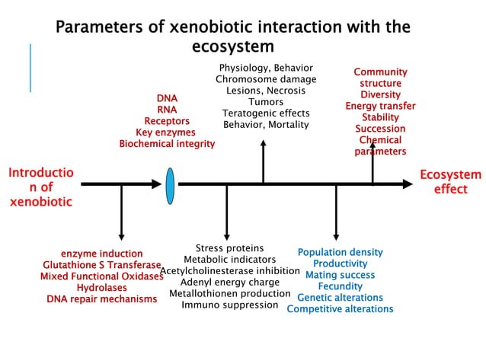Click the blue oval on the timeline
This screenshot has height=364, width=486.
click(x=170, y=185)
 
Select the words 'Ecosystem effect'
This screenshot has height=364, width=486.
click(x=450, y=182)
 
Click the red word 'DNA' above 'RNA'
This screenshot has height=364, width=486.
click(x=167, y=98)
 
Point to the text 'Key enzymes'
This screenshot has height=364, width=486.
click(x=166, y=132)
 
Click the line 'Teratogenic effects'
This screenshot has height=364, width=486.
click(x=265, y=113)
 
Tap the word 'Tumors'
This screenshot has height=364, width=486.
click(x=266, y=101)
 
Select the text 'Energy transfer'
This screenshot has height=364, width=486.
click(x=380, y=106)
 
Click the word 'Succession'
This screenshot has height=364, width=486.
click(x=380, y=129)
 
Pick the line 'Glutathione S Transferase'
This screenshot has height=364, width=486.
click(x=95, y=264)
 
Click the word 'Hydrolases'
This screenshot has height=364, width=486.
click(x=101, y=287)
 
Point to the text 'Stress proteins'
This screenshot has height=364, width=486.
click(x=229, y=248)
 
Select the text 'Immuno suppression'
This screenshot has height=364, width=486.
click(x=229, y=305)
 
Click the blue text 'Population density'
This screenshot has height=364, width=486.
click(x=340, y=252)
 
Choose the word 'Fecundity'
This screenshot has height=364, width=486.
click(x=340, y=286)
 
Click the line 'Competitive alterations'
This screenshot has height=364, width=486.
click(x=340, y=309)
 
